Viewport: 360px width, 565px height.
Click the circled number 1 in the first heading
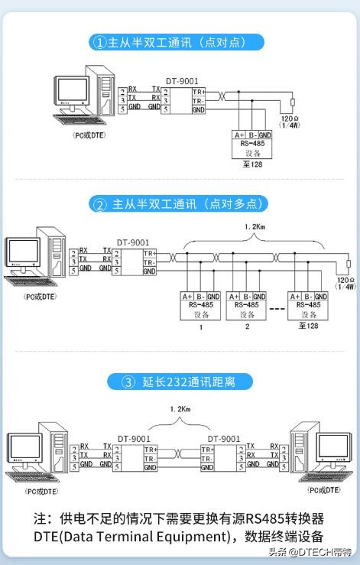click(x=99, y=43)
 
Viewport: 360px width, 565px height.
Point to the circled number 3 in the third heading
click(x=129, y=382)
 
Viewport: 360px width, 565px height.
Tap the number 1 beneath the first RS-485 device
click(x=200, y=326)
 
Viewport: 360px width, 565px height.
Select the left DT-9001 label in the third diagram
click(x=135, y=439)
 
